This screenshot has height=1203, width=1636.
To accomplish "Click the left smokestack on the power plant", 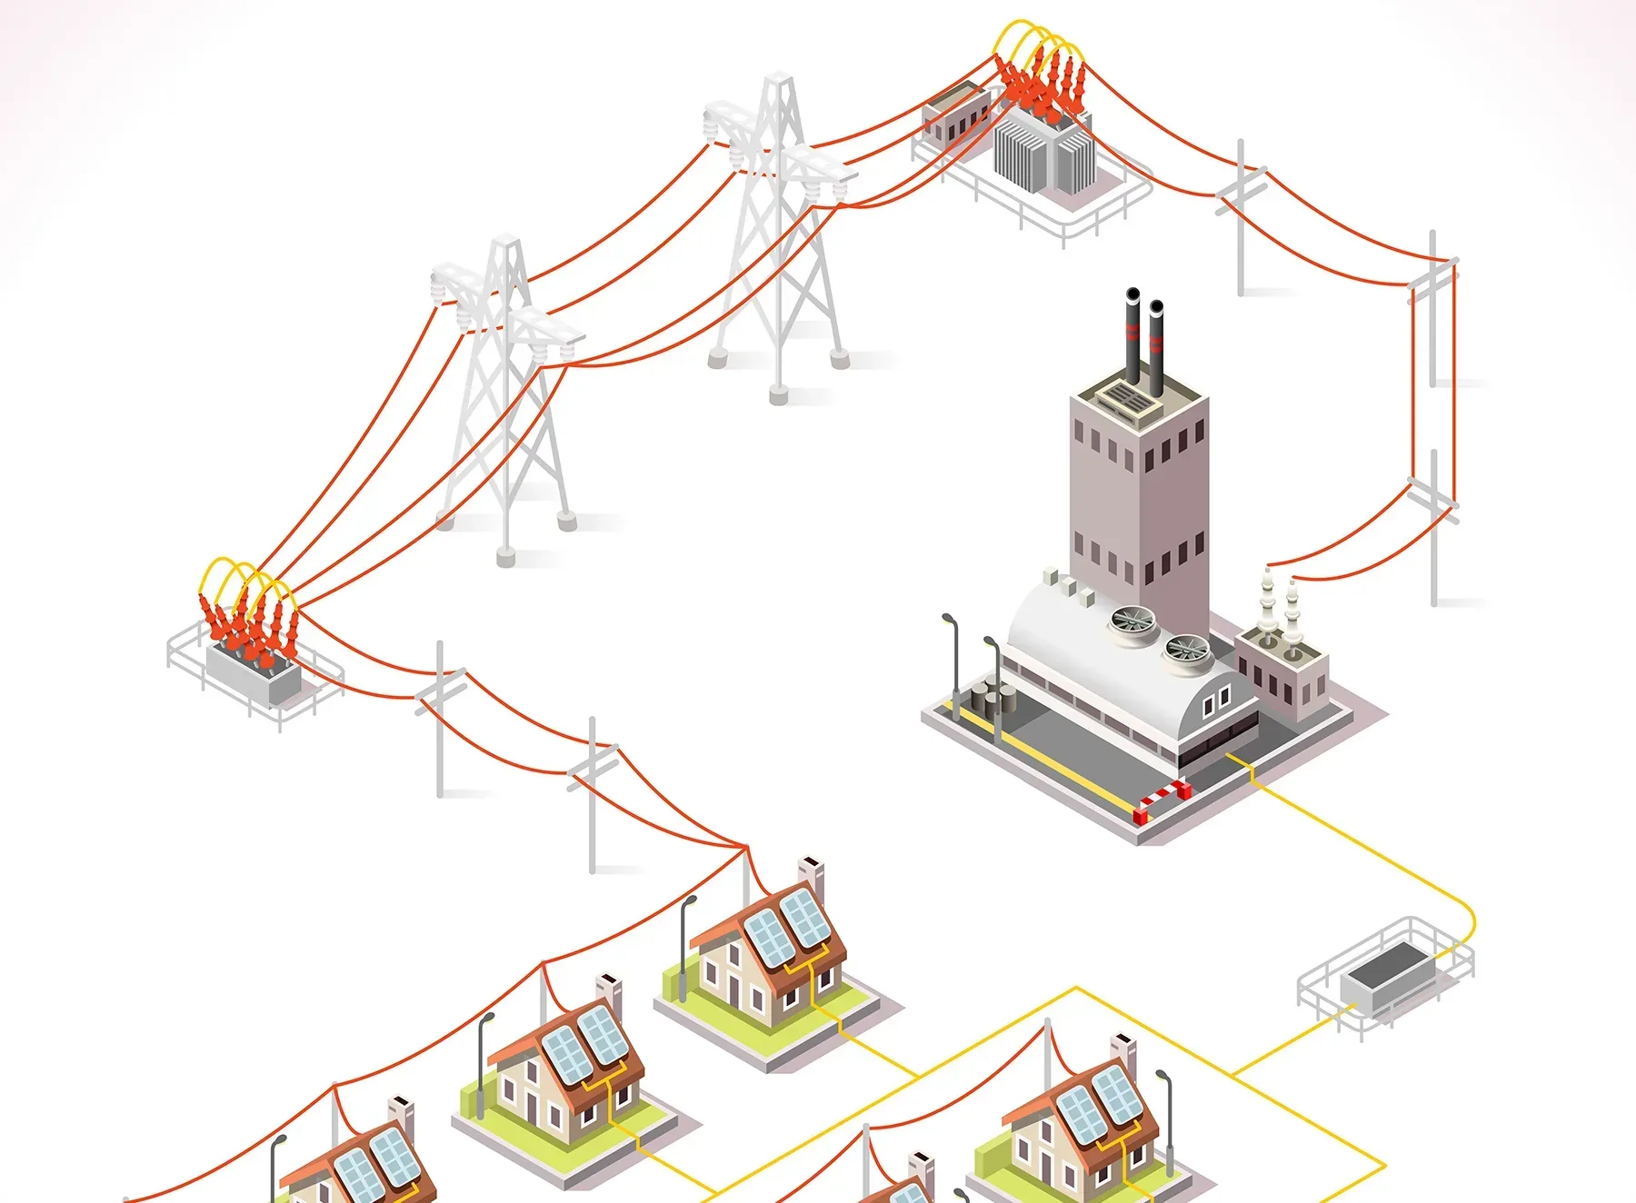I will coord(1132,336).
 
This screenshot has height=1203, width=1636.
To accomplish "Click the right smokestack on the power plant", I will coord(1156,345).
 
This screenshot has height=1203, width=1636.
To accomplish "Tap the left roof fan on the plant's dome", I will coord(1132,621).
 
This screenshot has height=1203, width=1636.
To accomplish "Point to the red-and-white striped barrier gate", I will coord(1162,799).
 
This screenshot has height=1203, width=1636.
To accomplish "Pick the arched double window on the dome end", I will coord(1216,700).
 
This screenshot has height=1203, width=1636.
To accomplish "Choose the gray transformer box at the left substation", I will coord(253,673).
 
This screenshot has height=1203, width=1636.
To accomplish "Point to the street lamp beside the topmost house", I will coord(685,945).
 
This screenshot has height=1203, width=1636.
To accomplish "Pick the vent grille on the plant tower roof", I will coord(1127,397).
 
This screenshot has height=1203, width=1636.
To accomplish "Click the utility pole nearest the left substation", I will coord(441,718).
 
